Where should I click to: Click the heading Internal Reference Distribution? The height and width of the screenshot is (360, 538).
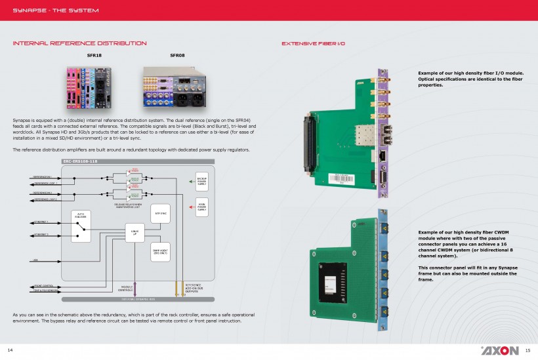click(79, 43)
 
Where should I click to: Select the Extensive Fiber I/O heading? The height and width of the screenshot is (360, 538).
click(313, 43)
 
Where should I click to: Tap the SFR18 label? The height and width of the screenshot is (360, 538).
click(94, 56)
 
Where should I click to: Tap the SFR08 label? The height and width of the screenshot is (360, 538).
click(177, 56)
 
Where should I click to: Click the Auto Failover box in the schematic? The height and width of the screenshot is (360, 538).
click(80, 224)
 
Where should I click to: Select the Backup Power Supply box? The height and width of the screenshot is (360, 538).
click(201, 181)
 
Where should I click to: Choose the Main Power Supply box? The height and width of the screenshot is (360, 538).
click(201, 207)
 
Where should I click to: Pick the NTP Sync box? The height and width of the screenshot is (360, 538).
click(160, 213)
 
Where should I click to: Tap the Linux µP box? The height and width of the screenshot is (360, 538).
click(134, 232)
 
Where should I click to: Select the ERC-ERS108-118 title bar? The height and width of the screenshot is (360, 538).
click(79, 161)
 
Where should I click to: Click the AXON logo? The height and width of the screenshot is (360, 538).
click(500, 350)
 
